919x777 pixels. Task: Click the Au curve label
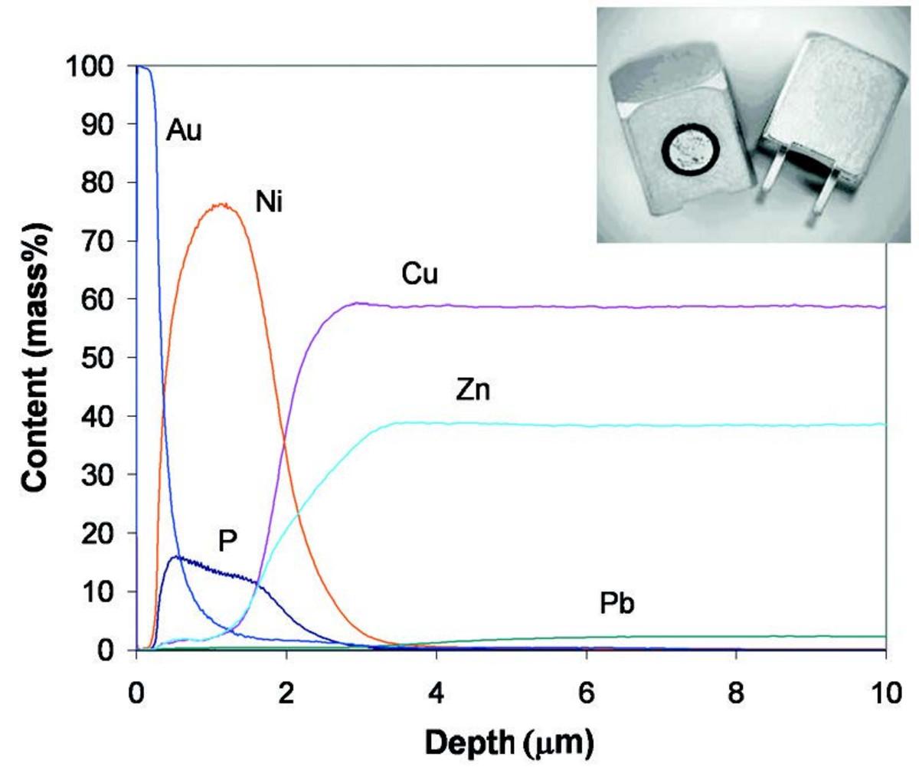click(184, 132)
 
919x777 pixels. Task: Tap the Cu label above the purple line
click(420, 274)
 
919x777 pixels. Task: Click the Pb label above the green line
click(618, 605)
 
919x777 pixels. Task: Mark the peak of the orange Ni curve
click(222, 204)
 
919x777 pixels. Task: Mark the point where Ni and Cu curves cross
click(285, 443)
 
